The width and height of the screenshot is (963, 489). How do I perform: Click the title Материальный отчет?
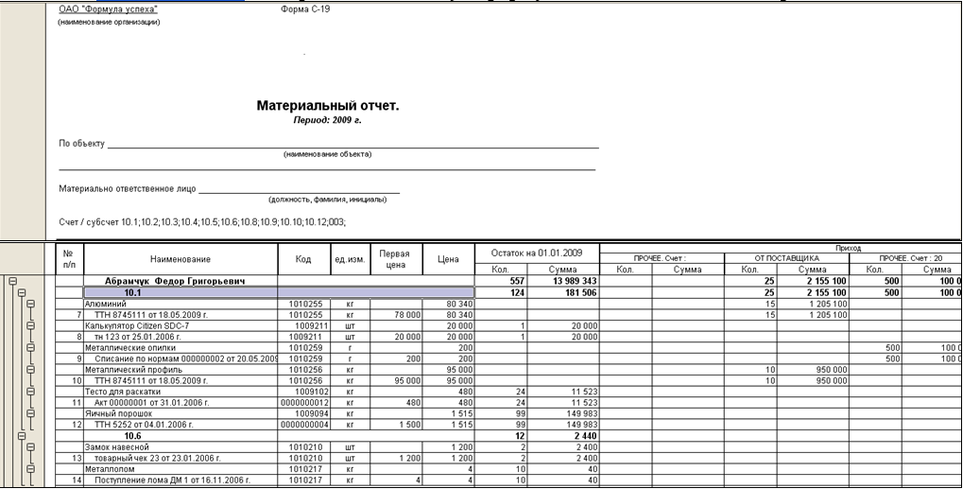click(327, 106)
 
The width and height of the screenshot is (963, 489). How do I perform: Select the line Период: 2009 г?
click(327, 120)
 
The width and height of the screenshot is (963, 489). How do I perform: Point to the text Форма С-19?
click(306, 9)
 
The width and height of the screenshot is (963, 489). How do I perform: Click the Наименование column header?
click(180, 259)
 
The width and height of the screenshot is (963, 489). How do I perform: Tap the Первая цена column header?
click(394, 259)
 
